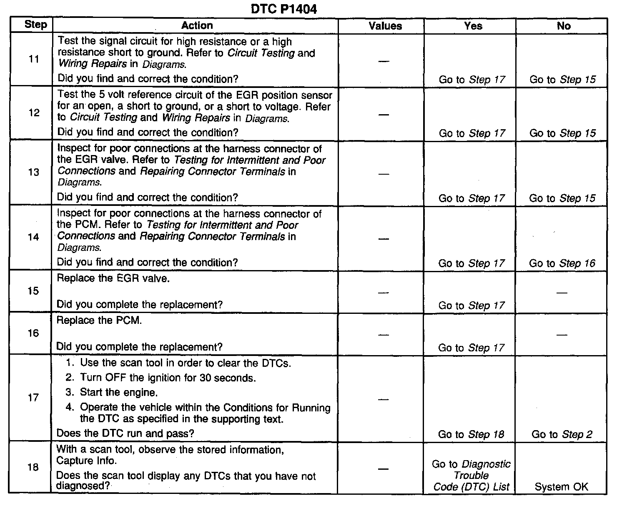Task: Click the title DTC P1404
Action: [284, 9]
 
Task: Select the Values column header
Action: [385, 26]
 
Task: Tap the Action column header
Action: [197, 25]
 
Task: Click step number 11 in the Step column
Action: [34, 59]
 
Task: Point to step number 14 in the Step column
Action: [33, 237]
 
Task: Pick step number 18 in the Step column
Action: [33, 467]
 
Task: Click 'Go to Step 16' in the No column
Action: [562, 263]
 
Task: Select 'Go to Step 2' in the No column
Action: [562, 434]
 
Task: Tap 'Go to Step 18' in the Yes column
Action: [471, 434]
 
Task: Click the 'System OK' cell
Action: [561, 486]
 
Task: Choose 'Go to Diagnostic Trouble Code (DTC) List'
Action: [471, 475]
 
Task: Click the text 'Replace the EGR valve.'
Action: [113, 278]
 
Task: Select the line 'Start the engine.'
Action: [119, 392]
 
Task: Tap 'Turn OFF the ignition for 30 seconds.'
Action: [168, 378]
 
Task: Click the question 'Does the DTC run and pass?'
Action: [125, 433]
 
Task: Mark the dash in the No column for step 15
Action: [562, 292]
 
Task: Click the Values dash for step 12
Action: [384, 114]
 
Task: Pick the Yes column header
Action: [473, 26]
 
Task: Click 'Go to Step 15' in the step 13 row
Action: [562, 198]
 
